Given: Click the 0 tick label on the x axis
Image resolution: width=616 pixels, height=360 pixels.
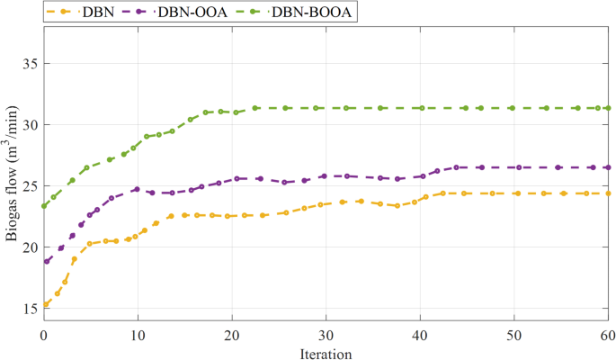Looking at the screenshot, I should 44,334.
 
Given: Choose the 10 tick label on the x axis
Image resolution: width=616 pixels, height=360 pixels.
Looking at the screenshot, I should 138,334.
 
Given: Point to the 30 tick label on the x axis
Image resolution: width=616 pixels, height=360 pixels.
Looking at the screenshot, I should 326,334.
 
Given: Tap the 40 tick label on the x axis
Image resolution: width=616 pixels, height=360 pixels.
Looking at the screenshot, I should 419,334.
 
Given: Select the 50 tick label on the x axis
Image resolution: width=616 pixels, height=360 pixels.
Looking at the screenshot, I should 513,334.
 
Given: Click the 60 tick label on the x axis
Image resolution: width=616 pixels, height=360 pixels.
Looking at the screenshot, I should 607,334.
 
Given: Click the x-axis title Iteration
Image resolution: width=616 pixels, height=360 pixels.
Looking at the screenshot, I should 325,353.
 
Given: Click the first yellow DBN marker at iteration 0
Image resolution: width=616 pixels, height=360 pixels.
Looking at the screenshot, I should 45,304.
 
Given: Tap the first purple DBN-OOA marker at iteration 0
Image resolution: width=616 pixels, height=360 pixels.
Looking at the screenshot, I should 46,261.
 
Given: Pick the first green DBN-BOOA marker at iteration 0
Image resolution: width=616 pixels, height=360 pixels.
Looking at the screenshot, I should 45,205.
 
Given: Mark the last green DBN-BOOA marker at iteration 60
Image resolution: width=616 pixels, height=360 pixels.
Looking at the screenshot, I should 607,108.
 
